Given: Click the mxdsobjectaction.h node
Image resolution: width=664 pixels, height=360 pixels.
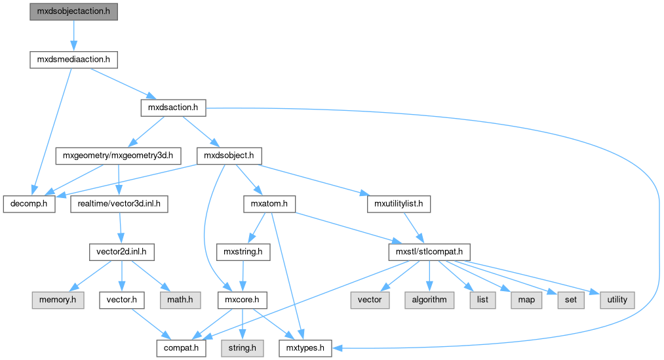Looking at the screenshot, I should coord(73,12).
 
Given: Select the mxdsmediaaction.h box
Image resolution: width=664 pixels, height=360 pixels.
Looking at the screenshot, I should coord(73,60).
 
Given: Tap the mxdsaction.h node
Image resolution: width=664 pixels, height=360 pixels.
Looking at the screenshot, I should coord(174,108).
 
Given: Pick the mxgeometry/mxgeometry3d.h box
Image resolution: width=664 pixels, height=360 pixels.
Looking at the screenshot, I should coord(117,156).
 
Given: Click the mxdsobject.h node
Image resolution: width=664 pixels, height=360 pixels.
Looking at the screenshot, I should coord(229,156).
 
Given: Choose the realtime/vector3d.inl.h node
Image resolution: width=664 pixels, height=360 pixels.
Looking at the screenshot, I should coord(119,204).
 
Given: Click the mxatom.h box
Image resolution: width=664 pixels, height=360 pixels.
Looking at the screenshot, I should coord(269,204).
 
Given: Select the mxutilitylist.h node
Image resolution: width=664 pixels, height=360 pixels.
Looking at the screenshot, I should coord(399,204).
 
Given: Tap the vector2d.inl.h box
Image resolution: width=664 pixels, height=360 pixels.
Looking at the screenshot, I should coord(120,252).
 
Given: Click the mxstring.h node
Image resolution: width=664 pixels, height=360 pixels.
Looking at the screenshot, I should coord(243,252).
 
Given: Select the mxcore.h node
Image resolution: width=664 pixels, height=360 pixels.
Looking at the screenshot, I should coord(242,300).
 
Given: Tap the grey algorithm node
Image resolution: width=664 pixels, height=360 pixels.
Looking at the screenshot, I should coord(429,300).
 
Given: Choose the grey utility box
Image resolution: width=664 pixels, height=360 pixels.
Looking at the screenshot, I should coord(617,300).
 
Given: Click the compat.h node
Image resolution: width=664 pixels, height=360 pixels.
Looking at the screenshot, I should coord(180,348).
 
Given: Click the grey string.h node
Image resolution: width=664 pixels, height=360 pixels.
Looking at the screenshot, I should coord(242,348).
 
